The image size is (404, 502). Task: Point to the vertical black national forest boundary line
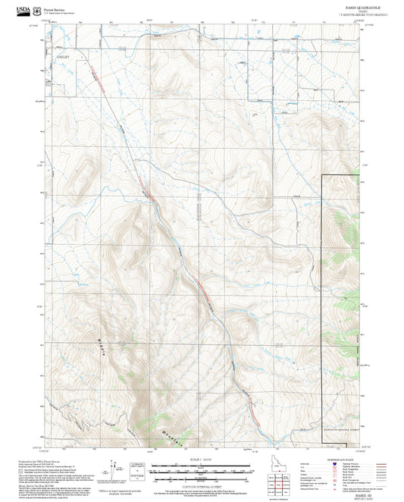coord(324,303)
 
